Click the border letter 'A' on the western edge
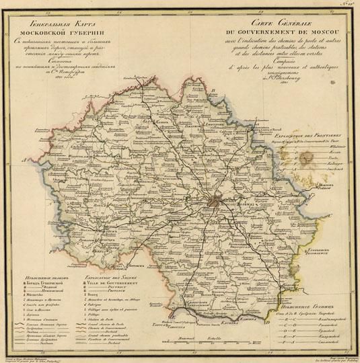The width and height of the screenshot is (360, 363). [24, 160]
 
